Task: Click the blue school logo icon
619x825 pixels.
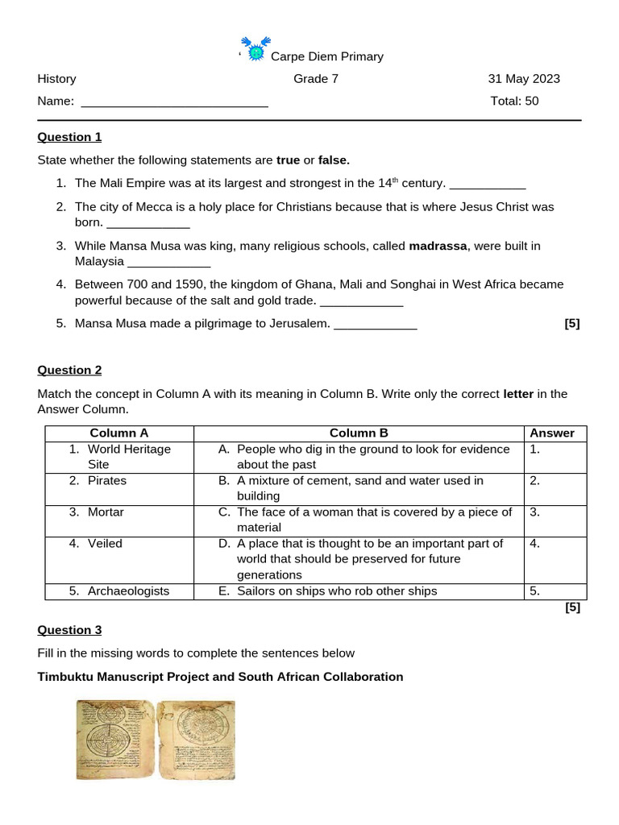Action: (x=255, y=50)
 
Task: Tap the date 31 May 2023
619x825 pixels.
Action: (x=524, y=79)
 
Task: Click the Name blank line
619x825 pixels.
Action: (x=175, y=102)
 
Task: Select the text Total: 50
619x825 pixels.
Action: (x=514, y=102)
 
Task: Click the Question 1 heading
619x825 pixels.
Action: (x=69, y=137)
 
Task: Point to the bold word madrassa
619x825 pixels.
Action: (x=438, y=246)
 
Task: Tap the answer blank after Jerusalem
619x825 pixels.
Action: (x=375, y=324)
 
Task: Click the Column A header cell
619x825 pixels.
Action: (x=118, y=433)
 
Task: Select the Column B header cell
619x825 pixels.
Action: (x=359, y=433)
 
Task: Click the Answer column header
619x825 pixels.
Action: (x=552, y=433)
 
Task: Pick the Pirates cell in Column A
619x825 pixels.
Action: (x=107, y=481)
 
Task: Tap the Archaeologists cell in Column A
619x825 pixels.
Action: (x=128, y=591)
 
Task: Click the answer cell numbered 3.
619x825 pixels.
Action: (x=555, y=520)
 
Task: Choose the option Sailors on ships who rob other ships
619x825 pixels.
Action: (x=337, y=591)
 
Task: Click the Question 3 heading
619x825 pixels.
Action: (x=69, y=630)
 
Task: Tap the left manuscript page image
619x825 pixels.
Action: (x=114, y=739)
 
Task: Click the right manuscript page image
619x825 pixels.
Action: (x=195, y=739)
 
